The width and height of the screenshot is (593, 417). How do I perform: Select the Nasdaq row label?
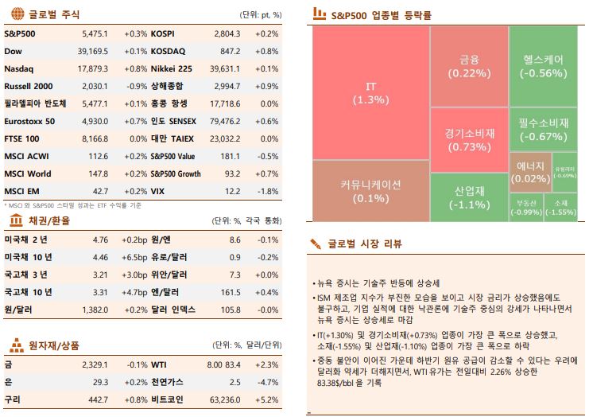coord(19,68)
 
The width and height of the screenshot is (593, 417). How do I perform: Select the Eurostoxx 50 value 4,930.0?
coord(94,121)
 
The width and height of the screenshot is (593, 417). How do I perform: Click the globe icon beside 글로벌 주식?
coord(14,14)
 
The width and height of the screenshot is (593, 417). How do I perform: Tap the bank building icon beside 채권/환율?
coord(14,220)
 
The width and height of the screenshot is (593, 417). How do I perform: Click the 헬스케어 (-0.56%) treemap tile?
coord(544,66)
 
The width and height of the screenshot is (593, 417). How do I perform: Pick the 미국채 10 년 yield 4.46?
coord(100,257)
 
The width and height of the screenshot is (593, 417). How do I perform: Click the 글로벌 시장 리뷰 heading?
coord(365,244)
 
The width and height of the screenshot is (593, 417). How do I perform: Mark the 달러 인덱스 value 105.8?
coord(229,310)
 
